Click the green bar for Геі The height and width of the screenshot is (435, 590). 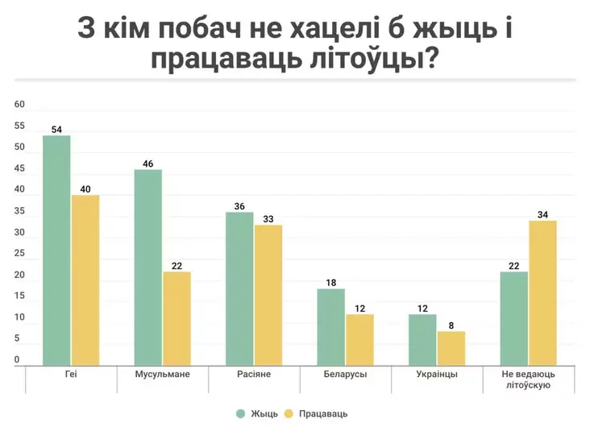(x=56, y=251)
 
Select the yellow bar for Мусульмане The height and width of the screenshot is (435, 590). (x=177, y=319)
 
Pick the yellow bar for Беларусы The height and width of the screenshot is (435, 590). (x=360, y=340)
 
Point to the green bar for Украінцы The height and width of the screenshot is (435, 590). (x=422, y=340)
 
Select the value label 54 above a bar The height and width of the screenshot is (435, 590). (x=56, y=129)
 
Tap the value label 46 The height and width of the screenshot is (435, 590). (x=147, y=164)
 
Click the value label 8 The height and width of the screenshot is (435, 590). (x=451, y=325)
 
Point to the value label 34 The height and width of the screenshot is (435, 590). (x=543, y=214)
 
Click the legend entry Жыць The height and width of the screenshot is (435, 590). (x=257, y=413)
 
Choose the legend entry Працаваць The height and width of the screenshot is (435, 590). (x=317, y=413)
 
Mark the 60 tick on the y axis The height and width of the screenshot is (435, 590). (x=20, y=105)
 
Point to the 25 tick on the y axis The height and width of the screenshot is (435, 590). (x=20, y=254)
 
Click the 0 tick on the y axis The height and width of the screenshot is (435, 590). (x=17, y=360)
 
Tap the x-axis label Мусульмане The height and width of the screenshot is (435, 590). (x=163, y=375)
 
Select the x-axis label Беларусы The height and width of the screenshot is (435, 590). (x=346, y=375)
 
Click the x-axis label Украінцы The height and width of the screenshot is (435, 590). (x=437, y=375)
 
